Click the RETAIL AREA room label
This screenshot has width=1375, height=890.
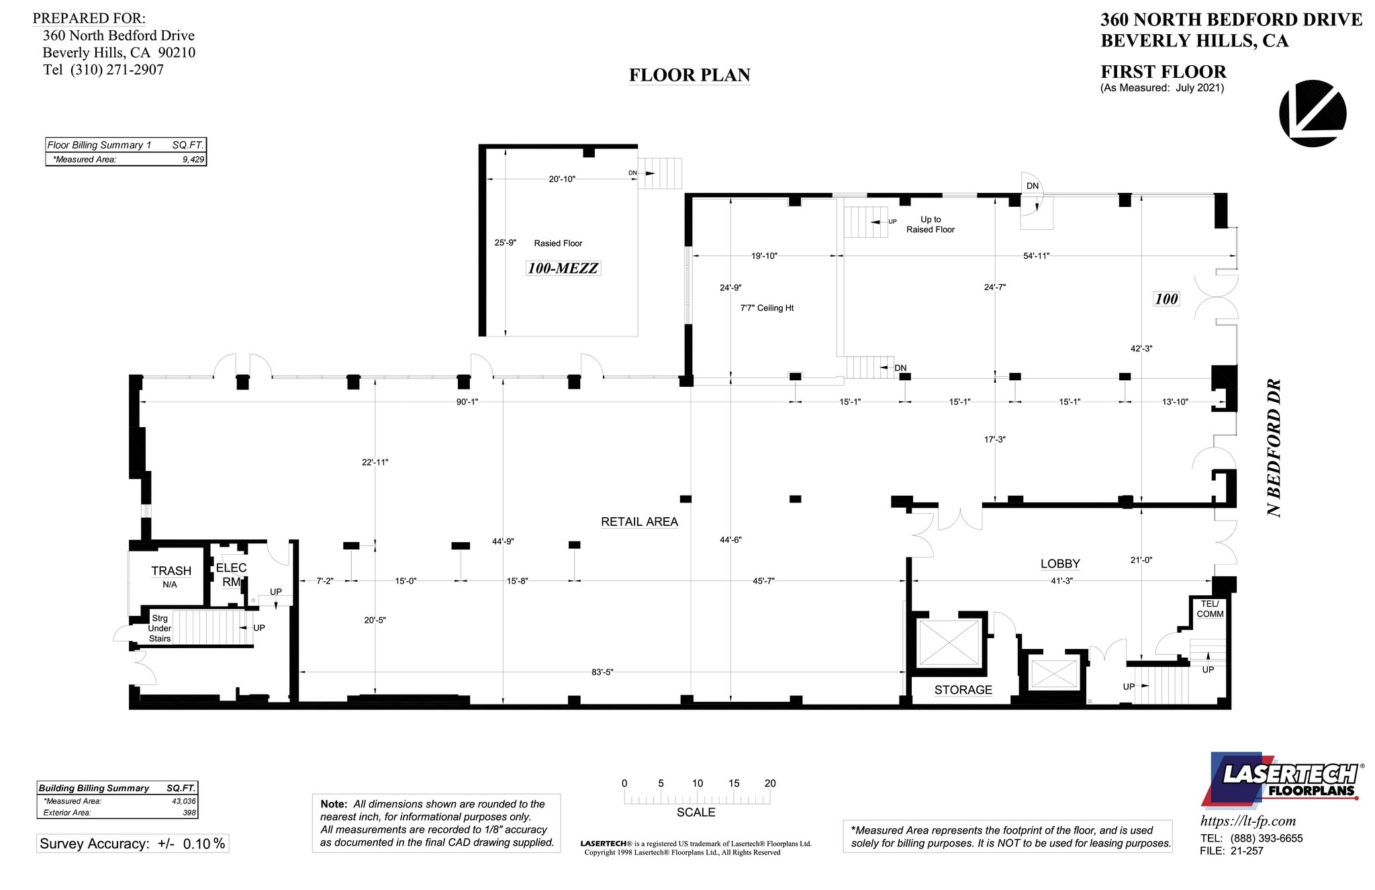point(639,522)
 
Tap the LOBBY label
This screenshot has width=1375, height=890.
point(1060,564)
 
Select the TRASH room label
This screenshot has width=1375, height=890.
point(171,571)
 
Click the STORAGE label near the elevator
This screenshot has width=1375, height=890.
point(963,690)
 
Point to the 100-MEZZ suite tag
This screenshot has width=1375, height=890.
point(563,269)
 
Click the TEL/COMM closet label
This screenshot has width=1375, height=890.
point(1210,609)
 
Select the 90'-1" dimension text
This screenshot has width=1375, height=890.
point(467,402)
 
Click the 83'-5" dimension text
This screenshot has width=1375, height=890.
point(602,672)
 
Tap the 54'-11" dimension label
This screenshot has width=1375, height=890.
point(1037,255)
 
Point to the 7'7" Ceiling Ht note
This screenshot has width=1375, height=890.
point(767,308)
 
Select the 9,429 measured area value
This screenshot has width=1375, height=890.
point(193,160)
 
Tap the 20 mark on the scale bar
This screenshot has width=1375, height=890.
point(770,783)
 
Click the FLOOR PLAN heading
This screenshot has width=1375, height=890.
point(690,75)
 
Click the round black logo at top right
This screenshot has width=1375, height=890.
point(1312,113)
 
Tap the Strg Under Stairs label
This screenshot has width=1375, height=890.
point(160,629)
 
